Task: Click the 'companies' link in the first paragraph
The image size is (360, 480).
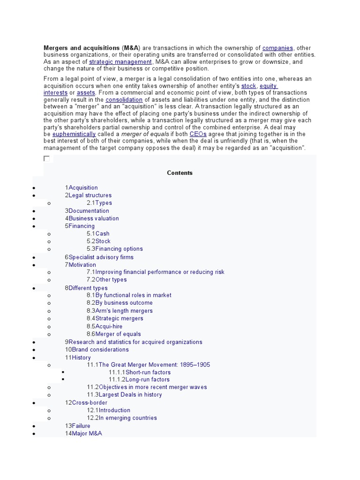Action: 277,48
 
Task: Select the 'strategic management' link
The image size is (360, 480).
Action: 120,62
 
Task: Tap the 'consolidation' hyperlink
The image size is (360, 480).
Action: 124,100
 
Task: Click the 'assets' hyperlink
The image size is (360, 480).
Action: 86,93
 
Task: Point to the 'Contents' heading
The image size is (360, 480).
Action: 180,173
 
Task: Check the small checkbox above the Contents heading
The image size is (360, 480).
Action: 46,158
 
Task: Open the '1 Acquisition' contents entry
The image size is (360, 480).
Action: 82,187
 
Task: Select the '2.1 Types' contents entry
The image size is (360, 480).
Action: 99,203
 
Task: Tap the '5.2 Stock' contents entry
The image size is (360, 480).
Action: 98,241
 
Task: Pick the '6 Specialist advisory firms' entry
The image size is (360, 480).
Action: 99,257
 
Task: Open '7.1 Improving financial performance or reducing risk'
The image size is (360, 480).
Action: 155,272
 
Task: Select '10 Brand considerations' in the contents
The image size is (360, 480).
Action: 97,350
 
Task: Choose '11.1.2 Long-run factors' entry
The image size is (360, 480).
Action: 139,380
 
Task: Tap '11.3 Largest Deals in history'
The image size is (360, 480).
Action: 124,395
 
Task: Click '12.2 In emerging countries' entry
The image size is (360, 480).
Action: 122,418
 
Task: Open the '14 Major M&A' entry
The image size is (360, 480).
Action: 83,434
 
